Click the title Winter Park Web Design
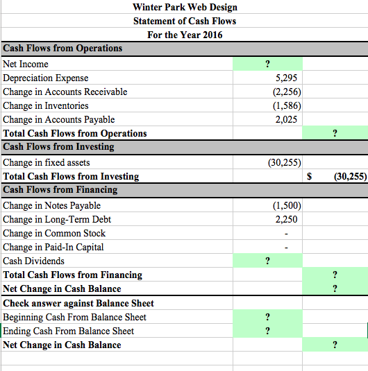point(185,7)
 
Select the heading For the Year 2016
point(185,35)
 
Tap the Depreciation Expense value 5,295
point(286,78)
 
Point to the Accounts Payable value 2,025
point(286,119)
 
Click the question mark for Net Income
point(267,64)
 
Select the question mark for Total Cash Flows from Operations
point(335,133)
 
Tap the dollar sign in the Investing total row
point(309,177)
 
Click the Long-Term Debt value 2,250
point(286,219)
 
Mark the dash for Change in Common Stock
point(286,234)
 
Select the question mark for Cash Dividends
point(267,261)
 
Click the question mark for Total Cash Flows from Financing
point(335,275)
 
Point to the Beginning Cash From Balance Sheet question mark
point(267,317)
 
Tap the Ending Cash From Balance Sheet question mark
point(267,331)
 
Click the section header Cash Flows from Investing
point(58,147)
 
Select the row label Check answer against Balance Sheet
point(78,303)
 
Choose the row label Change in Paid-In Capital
point(53,247)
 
